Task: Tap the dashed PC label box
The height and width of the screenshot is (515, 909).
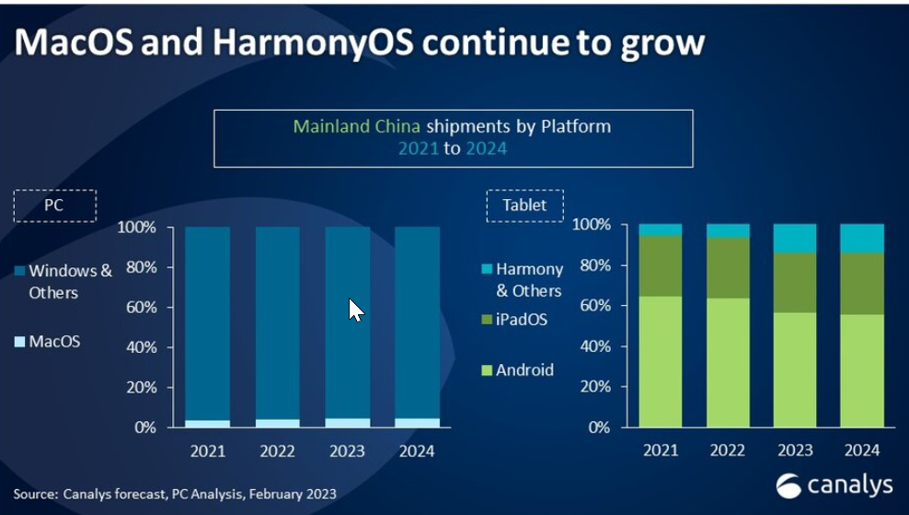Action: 54,205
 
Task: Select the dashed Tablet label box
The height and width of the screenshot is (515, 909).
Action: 524,205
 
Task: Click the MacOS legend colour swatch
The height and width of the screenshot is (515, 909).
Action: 20,342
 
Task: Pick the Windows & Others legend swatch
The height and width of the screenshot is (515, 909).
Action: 20,271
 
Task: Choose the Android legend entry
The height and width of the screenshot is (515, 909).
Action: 517,370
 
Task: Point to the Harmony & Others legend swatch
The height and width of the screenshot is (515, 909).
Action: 487,269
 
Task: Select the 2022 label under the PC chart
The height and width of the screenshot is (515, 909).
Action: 276,451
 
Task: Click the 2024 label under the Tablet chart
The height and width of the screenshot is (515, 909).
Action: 862,450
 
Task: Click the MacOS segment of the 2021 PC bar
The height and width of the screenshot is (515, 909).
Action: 207,424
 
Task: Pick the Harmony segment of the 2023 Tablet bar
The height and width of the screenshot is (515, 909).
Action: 796,238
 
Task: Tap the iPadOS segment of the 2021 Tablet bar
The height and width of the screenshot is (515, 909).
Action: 661,266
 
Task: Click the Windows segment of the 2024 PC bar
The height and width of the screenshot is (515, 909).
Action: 418,322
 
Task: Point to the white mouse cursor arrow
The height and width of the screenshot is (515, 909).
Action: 355,310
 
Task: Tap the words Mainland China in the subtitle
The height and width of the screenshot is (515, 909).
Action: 357,126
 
